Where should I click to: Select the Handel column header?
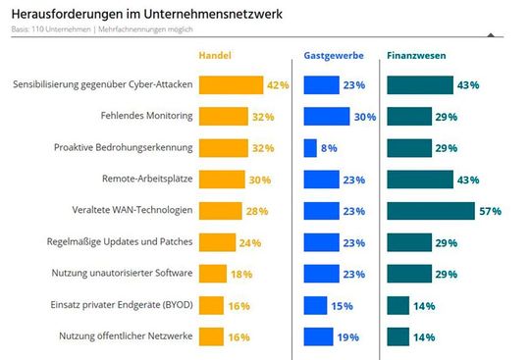(215, 56)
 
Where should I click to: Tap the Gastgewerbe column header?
(331, 56)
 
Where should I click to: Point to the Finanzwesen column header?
(416, 56)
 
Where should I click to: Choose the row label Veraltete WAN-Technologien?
(132, 211)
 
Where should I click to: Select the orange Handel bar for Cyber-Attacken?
(231, 85)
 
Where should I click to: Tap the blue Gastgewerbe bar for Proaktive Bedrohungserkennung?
(310, 148)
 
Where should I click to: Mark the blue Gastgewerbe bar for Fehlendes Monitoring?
(327, 117)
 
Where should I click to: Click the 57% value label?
(490, 211)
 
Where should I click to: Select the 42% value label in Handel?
(278, 85)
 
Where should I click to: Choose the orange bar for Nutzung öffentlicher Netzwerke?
(211, 336)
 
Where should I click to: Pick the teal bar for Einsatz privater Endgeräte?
(397, 305)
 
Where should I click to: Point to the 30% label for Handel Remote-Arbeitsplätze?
(260, 180)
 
